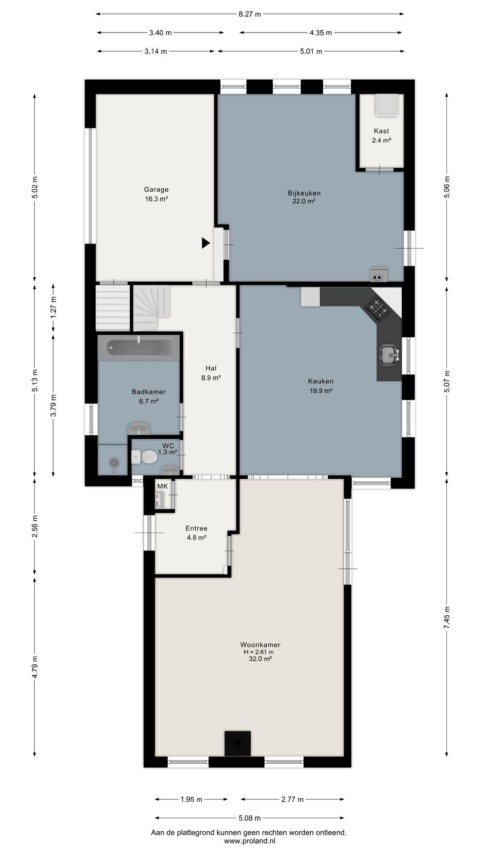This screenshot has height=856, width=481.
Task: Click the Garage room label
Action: (x=156, y=189)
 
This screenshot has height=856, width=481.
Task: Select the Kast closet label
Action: (x=381, y=131)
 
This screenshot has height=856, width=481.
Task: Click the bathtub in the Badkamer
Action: (x=139, y=347)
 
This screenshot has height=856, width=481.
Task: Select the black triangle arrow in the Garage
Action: (x=206, y=243)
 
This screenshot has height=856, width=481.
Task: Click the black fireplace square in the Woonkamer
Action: (x=237, y=743)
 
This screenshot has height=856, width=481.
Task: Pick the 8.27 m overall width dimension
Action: (x=249, y=14)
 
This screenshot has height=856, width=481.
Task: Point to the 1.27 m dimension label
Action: (x=53, y=307)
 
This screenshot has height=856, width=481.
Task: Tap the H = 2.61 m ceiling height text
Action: (x=259, y=652)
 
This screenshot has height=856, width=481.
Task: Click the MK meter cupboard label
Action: (x=163, y=486)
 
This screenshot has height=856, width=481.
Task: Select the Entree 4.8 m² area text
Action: (x=196, y=538)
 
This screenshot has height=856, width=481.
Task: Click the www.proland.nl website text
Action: (x=249, y=841)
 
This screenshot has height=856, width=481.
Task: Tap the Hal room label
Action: (x=211, y=368)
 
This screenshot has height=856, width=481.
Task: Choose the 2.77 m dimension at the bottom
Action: (x=293, y=799)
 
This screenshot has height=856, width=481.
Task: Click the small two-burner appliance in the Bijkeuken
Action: (x=379, y=275)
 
